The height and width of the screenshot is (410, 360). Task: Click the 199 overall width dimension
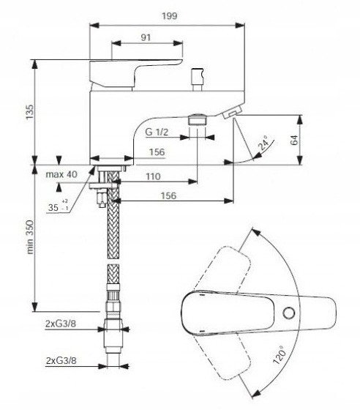coord(170,16)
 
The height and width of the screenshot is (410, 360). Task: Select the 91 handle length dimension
coord(146,37)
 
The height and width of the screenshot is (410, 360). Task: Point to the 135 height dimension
coord(29,112)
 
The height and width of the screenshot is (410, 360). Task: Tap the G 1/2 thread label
coord(157,132)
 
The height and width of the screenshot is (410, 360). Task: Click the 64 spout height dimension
coord(294,140)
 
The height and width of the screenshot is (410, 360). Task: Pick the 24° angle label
coord(264,143)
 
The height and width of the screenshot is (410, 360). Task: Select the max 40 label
coord(61,174)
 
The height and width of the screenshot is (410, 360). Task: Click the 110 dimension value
coord(153,176)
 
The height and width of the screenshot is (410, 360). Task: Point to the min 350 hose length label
coord(30,237)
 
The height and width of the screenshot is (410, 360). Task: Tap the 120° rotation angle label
coord(280,354)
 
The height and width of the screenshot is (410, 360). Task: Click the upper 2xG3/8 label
coord(61,324)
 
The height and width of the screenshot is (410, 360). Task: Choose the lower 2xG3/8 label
coord(61,361)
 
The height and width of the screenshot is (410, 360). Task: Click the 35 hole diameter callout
coord(58,206)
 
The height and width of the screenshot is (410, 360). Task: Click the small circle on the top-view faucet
coord(289,313)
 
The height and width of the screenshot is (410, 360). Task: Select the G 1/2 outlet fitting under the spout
coord(198,120)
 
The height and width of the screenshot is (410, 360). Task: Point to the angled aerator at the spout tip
coord(230,113)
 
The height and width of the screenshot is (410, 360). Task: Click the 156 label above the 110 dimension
coord(157,152)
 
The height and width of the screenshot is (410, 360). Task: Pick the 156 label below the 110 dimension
coord(168,195)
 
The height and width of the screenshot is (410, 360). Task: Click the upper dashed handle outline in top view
coord(225,269)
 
